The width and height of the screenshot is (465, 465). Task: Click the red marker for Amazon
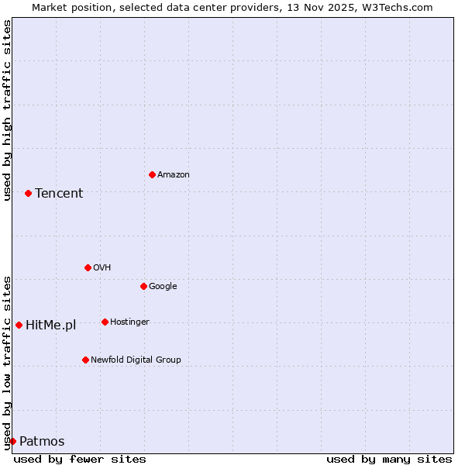[x=152, y=174]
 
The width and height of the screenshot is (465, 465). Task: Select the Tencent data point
[x=28, y=193]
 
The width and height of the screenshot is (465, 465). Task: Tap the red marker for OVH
[x=88, y=267]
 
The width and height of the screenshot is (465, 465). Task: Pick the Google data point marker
[x=143, y=286]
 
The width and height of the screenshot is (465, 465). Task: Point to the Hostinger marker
[x=105, y=322]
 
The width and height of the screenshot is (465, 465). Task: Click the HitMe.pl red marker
[x=19, y=325]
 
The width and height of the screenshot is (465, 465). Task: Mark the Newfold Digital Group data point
[x=85, y=360]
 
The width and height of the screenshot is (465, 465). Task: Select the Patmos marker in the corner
[x=12, y=441]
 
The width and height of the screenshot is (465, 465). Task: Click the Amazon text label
[x=174, y=175]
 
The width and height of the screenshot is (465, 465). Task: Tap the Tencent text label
[x=59, y=194]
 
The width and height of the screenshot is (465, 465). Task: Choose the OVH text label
[x=102, y=268]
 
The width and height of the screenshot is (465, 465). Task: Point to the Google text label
[x=163, y=287]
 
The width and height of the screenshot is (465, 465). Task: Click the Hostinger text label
[x=129, y=322]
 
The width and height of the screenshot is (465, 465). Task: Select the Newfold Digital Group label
[x=136, y=360]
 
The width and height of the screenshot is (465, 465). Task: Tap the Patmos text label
[x=42, y=442]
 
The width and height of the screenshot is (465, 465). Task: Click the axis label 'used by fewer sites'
[x=80, y=459]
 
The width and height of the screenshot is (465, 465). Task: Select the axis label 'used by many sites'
[x=389, y=459]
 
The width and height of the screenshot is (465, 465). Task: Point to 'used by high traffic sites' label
[x=7, y=110]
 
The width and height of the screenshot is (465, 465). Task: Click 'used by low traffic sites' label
[x=7, y=363]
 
